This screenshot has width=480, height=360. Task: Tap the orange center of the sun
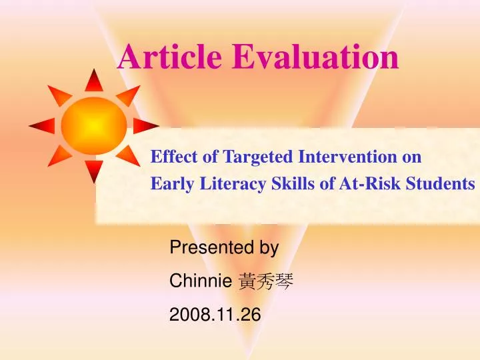click(94, 125)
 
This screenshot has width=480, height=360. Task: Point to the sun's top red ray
click(94, 81)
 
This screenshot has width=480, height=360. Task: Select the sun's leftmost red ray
click(41, 125)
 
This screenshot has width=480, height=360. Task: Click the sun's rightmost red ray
click(146, 125)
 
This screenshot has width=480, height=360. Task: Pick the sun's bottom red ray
click(94, 170)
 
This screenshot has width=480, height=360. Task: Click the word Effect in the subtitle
click(170, 157)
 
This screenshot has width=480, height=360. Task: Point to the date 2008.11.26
click(215, 315)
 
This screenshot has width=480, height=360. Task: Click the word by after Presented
click(268, 249)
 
